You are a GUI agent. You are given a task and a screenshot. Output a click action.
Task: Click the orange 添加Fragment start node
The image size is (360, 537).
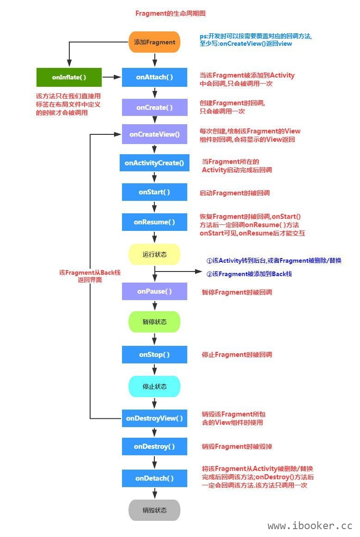(x=154, y=42)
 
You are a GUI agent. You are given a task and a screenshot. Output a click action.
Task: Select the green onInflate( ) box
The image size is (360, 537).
(x=69, y=77)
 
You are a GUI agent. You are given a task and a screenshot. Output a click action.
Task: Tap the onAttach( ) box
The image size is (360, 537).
(x=154, y=77)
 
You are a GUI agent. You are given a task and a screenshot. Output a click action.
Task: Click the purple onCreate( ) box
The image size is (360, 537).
(x=154, y=107)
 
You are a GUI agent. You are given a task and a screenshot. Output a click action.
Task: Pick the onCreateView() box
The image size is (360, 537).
(x=154, y=134)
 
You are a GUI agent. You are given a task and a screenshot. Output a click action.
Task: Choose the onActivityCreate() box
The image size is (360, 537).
(x=154, y=163)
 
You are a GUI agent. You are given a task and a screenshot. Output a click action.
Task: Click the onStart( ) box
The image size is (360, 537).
(x=154, y=192)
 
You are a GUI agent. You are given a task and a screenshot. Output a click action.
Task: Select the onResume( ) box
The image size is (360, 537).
(x=154, y=222)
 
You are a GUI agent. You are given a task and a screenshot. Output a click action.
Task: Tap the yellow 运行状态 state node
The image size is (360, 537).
(x=154, y=254)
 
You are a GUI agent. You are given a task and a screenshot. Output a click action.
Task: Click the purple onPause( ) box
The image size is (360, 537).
(x=154, y=291)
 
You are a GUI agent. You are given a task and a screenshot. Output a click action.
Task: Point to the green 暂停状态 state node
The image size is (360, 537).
(x=154, y=322)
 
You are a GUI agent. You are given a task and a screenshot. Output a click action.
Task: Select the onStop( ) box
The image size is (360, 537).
(x=154, y=355)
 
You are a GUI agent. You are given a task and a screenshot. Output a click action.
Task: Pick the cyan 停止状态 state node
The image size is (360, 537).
(x=154, y=386)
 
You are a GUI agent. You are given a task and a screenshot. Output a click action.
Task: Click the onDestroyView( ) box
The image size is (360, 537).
(x=154, y=418)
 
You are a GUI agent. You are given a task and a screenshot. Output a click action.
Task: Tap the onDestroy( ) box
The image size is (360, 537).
(x=154, y=446)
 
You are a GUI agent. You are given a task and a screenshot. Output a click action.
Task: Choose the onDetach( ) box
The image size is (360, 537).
(x=154, y=478)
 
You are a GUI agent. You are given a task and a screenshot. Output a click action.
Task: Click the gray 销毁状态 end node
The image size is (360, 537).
(x=154, y=510)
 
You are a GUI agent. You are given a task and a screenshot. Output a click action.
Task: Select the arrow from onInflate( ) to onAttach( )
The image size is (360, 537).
(x=111, y=77)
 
